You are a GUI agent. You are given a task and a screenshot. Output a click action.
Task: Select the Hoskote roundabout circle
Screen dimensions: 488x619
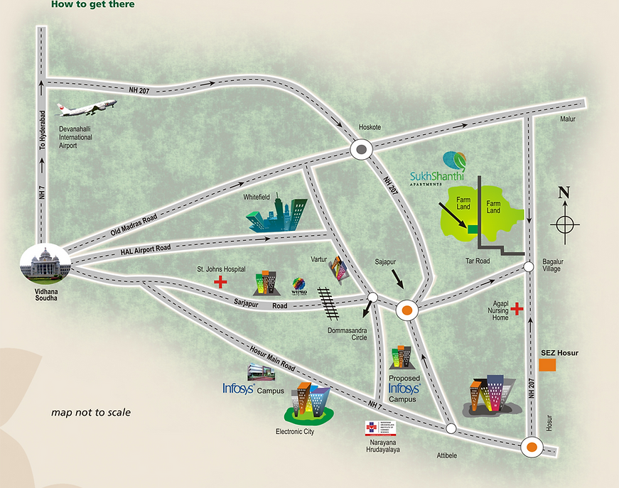(362, 149)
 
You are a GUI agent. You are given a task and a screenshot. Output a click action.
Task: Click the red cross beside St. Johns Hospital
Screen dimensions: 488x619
(221, 282)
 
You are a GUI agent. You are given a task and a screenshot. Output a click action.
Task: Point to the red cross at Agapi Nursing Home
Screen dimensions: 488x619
(517, 310)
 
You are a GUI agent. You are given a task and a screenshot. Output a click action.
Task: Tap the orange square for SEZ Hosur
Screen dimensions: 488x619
(547, 365)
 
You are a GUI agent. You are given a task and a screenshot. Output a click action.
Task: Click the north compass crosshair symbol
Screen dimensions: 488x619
(564, 224)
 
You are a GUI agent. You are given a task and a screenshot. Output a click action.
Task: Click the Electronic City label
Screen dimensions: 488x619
(294, 431)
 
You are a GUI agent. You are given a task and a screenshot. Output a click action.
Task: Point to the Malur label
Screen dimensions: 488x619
(566, 119)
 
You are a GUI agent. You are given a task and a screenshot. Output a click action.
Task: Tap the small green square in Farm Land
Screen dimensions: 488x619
(472, 229)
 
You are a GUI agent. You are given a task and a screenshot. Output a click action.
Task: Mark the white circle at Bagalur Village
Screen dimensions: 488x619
(529, 267)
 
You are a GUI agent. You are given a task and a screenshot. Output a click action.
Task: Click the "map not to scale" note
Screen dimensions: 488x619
(91, 412)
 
